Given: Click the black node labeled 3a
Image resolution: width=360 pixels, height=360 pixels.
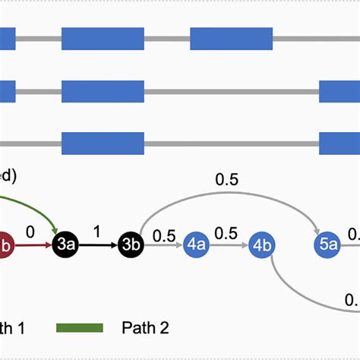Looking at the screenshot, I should pyautogui.click(x=65, y=245).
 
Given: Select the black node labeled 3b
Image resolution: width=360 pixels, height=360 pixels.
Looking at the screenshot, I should pyautogui.click(x=131, y=245).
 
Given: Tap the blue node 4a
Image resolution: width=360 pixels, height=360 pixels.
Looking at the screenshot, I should pyautogui.click(x=197, y=245).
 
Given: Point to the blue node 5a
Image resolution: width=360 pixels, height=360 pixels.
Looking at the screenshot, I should pyautogui.click(x=328, y=245).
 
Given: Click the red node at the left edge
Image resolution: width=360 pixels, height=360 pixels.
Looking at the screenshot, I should pyautogui.click(x=5, y=245).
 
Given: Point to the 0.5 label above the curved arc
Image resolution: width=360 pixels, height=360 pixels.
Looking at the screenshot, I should pyautogui.click(x=227, y=179).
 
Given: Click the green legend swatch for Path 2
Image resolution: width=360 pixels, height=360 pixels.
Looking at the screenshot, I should pyautogui.click(x=80, y=327).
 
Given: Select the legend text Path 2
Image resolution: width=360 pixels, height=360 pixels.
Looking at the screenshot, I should pyautogui.click(x=145, y=327).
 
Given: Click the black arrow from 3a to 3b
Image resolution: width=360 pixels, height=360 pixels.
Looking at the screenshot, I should pyautogui.click(x=98, y=245).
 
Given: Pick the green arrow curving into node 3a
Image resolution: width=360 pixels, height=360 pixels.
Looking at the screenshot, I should pyautogui.click(x=38, y=209).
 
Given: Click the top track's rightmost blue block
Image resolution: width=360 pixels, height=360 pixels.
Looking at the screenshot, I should pyautogui.click(x=231, y=38).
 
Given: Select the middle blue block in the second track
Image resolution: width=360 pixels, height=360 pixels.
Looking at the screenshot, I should pyautogui.click(x=103, y=91).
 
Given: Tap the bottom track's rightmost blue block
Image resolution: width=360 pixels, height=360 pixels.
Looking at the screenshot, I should pyautogui.click(x=339, y=143).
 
